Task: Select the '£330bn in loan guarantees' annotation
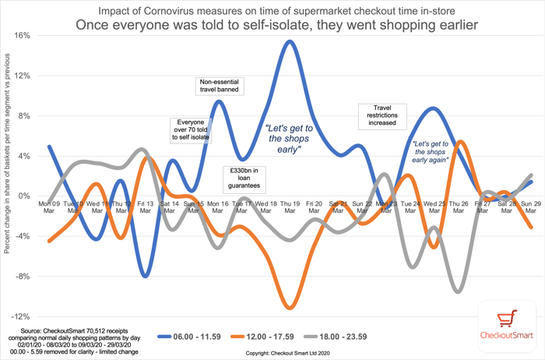click(x=244, y=178)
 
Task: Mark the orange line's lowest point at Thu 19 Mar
click(x=290, y=308)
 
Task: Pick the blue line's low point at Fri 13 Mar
click(x=145, y=276)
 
